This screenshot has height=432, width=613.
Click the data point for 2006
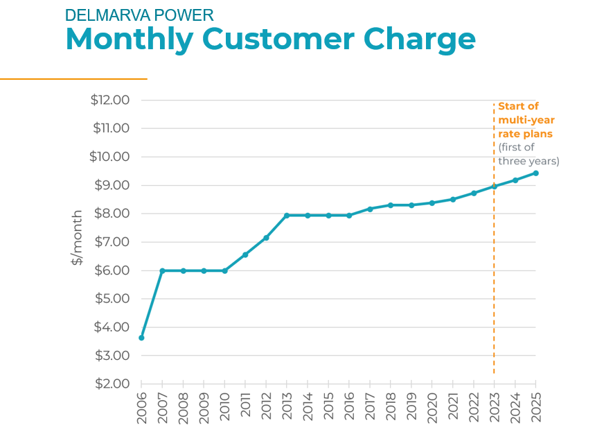(x=141, y=338)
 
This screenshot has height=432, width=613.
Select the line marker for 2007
(x=162, y=270)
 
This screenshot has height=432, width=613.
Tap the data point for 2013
(x=287, y=215)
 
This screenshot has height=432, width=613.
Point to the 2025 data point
(x=536, y=173)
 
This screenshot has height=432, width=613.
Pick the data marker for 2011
(x=245, y=254)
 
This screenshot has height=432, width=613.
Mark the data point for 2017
(x=370, y=209)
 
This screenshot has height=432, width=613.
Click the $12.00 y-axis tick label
(x=110, y=100)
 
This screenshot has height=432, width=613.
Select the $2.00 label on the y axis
(x=110, y=383)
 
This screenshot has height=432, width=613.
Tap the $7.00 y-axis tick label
(x=110, y=242)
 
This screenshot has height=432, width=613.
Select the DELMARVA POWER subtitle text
(x=139, y=15)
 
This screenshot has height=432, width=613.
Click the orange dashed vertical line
(x=494, y=277)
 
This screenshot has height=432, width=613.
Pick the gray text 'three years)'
(x=528, y=161)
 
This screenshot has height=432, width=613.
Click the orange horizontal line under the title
(x=73, y=79)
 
